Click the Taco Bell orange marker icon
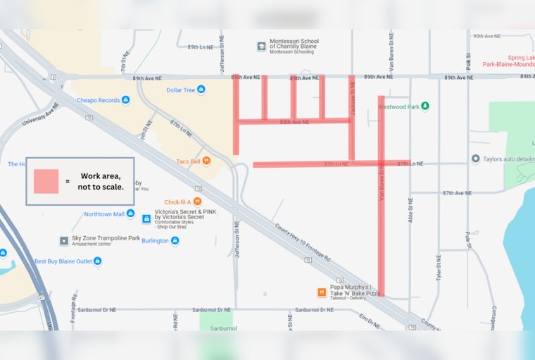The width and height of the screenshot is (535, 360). pos(206,161)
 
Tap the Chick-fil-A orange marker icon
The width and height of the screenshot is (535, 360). pos(198,201)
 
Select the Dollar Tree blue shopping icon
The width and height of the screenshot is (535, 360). pos(201,89)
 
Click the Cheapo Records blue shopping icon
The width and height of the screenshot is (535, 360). pos(125,100)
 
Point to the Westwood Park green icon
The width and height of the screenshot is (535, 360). pos(424,106)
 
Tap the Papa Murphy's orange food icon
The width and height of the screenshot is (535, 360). pos(322,292)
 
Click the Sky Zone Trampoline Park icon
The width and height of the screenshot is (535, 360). pos(64,241)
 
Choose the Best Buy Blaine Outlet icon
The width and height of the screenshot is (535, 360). pos(97,261)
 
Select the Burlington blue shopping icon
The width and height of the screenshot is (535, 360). pos(175,240)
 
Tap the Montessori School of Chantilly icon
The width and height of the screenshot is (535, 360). pos(261,46)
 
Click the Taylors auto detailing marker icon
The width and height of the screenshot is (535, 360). pos(476,159)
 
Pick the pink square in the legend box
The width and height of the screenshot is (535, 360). pos(46,181)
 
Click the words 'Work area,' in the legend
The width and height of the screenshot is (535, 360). pos(101,175)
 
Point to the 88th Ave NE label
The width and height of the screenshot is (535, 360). pos(294,122)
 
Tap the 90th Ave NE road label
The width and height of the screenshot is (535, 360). pos(486,36)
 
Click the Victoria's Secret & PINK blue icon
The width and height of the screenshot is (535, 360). pos(147,218)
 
